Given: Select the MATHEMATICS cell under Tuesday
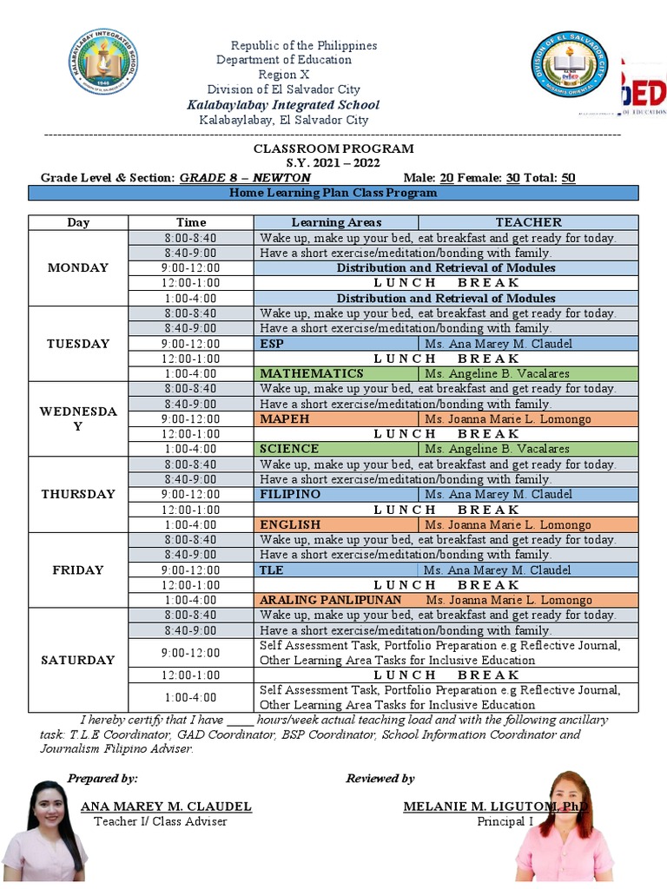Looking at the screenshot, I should tap(312, 373).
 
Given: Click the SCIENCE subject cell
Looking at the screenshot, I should tap(289, 449).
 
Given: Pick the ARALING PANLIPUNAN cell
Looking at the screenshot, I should tap(331, 600).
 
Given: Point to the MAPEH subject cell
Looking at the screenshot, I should tap(284, 419).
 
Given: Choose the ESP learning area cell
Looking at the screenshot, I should tap(272, 344).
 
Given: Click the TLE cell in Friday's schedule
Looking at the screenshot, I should tap(272, 570).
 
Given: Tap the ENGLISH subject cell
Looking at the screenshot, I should tap(290, 524).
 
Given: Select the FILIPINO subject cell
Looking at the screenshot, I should tap(290, 494).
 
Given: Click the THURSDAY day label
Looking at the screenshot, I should tap(78, 494).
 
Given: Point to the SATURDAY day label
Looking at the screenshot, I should tap(78, 660).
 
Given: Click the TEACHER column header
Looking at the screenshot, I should tap(528, 222).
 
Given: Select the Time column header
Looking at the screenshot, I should tap(191, 222).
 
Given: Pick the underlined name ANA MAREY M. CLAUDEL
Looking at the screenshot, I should tap(166, 807).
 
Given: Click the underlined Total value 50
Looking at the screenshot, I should tap(568, 178).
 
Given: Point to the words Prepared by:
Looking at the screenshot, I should tap(102, 778).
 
